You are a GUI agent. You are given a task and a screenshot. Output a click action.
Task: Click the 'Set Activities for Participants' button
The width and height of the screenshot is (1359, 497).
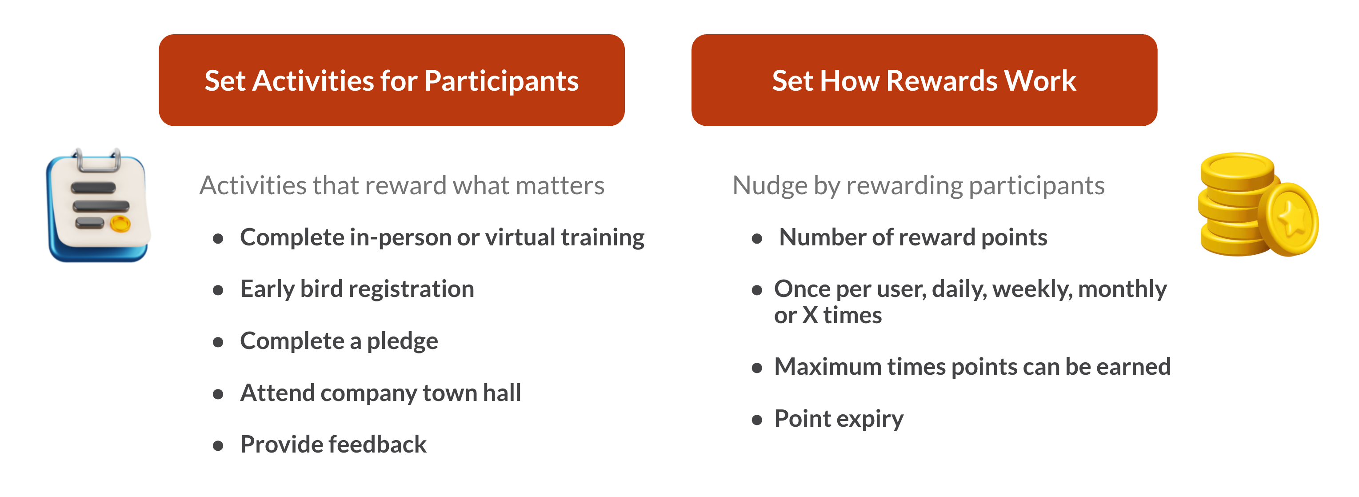[x=392, y=80]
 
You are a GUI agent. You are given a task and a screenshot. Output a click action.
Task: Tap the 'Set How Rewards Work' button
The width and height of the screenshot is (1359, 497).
[x=924, y=80]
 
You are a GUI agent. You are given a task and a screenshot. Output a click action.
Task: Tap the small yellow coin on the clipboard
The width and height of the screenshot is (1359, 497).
[x=120, y=224]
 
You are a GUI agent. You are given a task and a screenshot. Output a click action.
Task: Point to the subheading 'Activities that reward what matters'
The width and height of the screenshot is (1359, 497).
[x=401, y=186]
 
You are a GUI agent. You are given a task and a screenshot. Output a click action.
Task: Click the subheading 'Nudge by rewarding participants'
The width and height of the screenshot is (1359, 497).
[x=918, y=186]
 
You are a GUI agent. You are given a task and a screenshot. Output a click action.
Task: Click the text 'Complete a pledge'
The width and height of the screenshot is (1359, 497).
[x=339, y=341]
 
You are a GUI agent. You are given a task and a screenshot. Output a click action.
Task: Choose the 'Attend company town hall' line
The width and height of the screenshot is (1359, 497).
[x=380, y=393]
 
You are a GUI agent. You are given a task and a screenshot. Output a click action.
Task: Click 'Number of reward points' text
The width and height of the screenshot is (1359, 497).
[x=913, y=237]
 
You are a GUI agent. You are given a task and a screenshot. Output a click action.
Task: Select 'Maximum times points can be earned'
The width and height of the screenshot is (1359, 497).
[x=972, y=367]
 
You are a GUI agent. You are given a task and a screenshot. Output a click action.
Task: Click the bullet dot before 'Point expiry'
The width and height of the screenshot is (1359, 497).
[x=757, y=420]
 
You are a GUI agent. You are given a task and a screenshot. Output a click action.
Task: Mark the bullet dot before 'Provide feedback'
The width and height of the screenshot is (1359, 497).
[x=218, y=446]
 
